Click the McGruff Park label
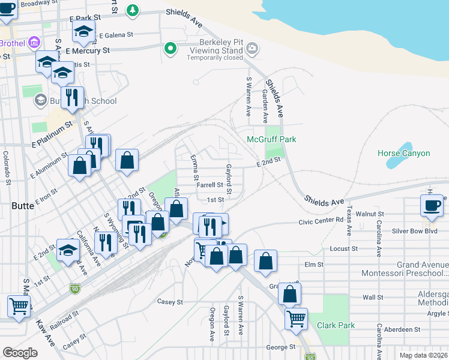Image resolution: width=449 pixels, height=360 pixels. [x=271, y=139]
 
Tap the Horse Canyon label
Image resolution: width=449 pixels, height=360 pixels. [x=403, y=153]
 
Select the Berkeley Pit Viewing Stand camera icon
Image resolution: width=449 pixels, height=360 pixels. [x=252, y=48]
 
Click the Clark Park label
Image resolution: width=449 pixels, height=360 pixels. [x=336, y=326]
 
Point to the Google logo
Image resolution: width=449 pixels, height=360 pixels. [x=20, y=352]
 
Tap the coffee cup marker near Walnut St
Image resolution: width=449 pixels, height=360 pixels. [x=432, y=206]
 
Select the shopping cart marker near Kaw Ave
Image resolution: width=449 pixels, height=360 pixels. [x=19, y=305]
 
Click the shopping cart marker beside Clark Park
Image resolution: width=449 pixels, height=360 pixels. [x=297, y=319]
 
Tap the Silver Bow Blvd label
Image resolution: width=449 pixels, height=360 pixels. [x=414, y=231]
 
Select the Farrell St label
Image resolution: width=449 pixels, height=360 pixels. [x=210, y=185]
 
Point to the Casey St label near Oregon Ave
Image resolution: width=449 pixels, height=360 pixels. [x=169, y=302]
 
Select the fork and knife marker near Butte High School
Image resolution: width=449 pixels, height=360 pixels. [x=72, y=98]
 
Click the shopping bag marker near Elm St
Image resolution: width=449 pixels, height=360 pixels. [x=265, y=261]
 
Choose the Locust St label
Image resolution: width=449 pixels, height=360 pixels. [x=344, y=248]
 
